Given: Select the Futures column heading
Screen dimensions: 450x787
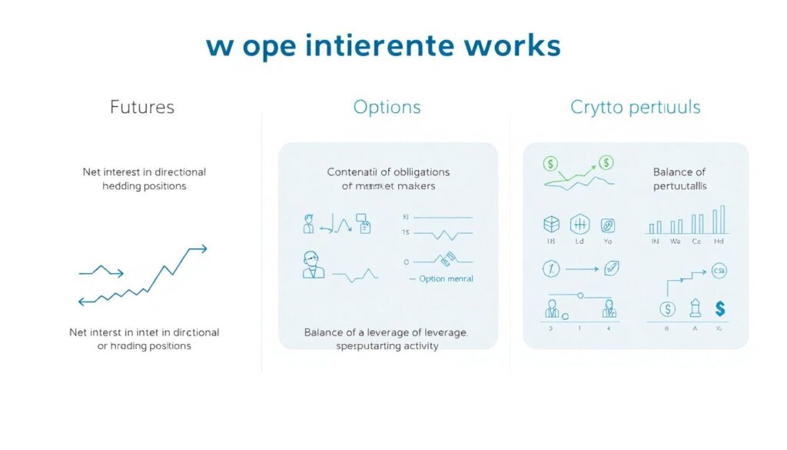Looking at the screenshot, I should (142, 107).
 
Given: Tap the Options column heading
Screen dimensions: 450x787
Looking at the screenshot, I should (387, 107).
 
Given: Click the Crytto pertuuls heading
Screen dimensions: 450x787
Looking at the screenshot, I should (635, 107).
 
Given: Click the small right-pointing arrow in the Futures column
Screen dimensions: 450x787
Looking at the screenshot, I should (101, 271).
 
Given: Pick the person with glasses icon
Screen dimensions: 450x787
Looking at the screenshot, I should (314, 265).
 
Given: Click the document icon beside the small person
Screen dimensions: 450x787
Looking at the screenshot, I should (365, 225).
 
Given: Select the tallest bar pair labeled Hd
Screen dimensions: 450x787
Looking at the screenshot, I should (719, 220).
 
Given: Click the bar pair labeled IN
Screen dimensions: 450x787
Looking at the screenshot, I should (656, 228).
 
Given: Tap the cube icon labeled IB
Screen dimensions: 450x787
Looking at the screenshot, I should (551, 225).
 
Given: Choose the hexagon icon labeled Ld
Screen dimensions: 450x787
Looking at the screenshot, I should (579, 225).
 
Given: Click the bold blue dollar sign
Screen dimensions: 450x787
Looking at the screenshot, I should (720, 309).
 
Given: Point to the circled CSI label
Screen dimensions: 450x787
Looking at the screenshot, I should (719, 271).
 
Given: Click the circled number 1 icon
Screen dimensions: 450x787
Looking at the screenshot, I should (550, 268).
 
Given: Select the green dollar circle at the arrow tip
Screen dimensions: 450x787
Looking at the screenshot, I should (606, 162).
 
